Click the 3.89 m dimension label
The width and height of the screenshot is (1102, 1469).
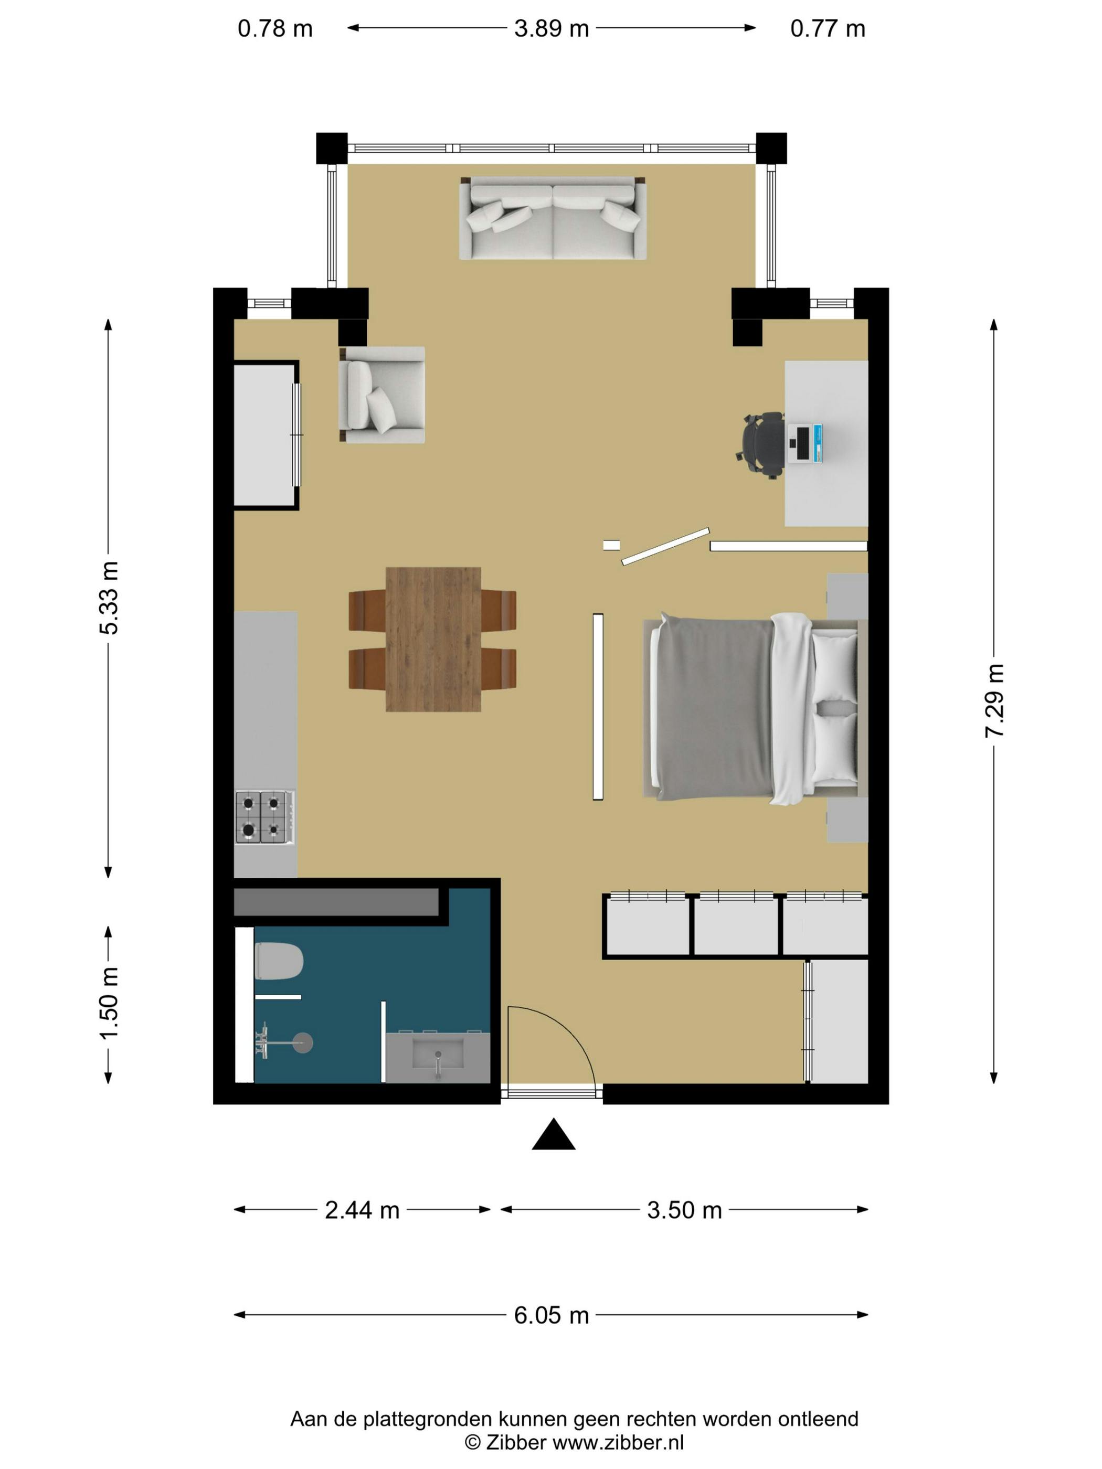click(550, 28)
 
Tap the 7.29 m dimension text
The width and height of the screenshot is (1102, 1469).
click(994, 700)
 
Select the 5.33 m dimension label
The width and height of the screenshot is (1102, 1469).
click(108, 598)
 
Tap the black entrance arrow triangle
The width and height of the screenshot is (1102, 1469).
click(553, 1135)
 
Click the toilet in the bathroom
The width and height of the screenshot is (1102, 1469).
click(279, 961)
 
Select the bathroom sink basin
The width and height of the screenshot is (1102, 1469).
click(437, 1055)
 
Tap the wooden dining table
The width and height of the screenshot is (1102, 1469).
click(433, 639)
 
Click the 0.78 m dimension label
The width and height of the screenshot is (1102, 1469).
click(275, 28)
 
